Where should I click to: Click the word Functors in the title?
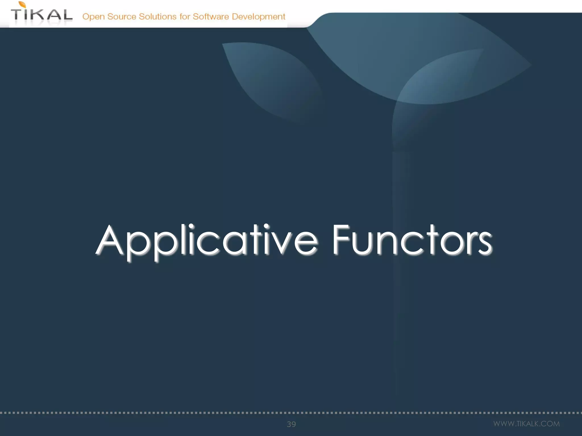tap(412, 240)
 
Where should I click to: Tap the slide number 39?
tap(291, 424)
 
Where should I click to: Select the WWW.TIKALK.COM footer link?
tap(526, 424)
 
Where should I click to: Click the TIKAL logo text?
tap(42, 15)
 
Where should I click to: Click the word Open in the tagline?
tap(93, 17)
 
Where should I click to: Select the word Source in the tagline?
tap(122, 16)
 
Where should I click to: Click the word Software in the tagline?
tap(211, 16)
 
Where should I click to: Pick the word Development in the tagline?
tap(258, 17)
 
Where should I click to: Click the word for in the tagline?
tap(184, 16)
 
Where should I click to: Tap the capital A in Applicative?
tap(110, 240)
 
